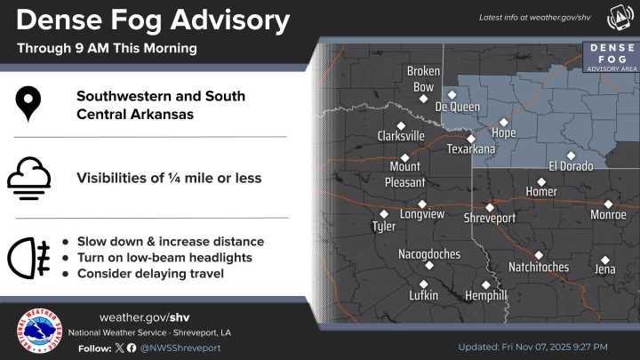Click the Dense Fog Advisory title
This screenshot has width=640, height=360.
click(153, 20)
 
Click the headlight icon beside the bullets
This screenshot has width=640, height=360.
click(28, 258)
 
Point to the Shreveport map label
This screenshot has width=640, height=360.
click(490, 218)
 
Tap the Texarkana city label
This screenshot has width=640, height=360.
click(470, 149)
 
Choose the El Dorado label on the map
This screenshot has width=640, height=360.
click(570, 166)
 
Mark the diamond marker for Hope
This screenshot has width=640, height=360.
click(504, 122)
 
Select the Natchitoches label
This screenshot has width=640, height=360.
click(539, 267)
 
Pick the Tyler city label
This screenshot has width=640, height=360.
click(384, 227)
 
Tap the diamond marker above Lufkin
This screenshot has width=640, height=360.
click(423, 284)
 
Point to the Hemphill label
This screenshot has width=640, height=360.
click(485, 295)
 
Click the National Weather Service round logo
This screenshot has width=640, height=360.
click(39, 332)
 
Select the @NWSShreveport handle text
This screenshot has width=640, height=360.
click(180, 348)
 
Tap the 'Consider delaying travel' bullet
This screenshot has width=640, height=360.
click(150, 274)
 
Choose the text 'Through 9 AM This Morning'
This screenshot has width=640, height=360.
click(107, 47)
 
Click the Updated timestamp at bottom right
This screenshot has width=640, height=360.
click(532, 347)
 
